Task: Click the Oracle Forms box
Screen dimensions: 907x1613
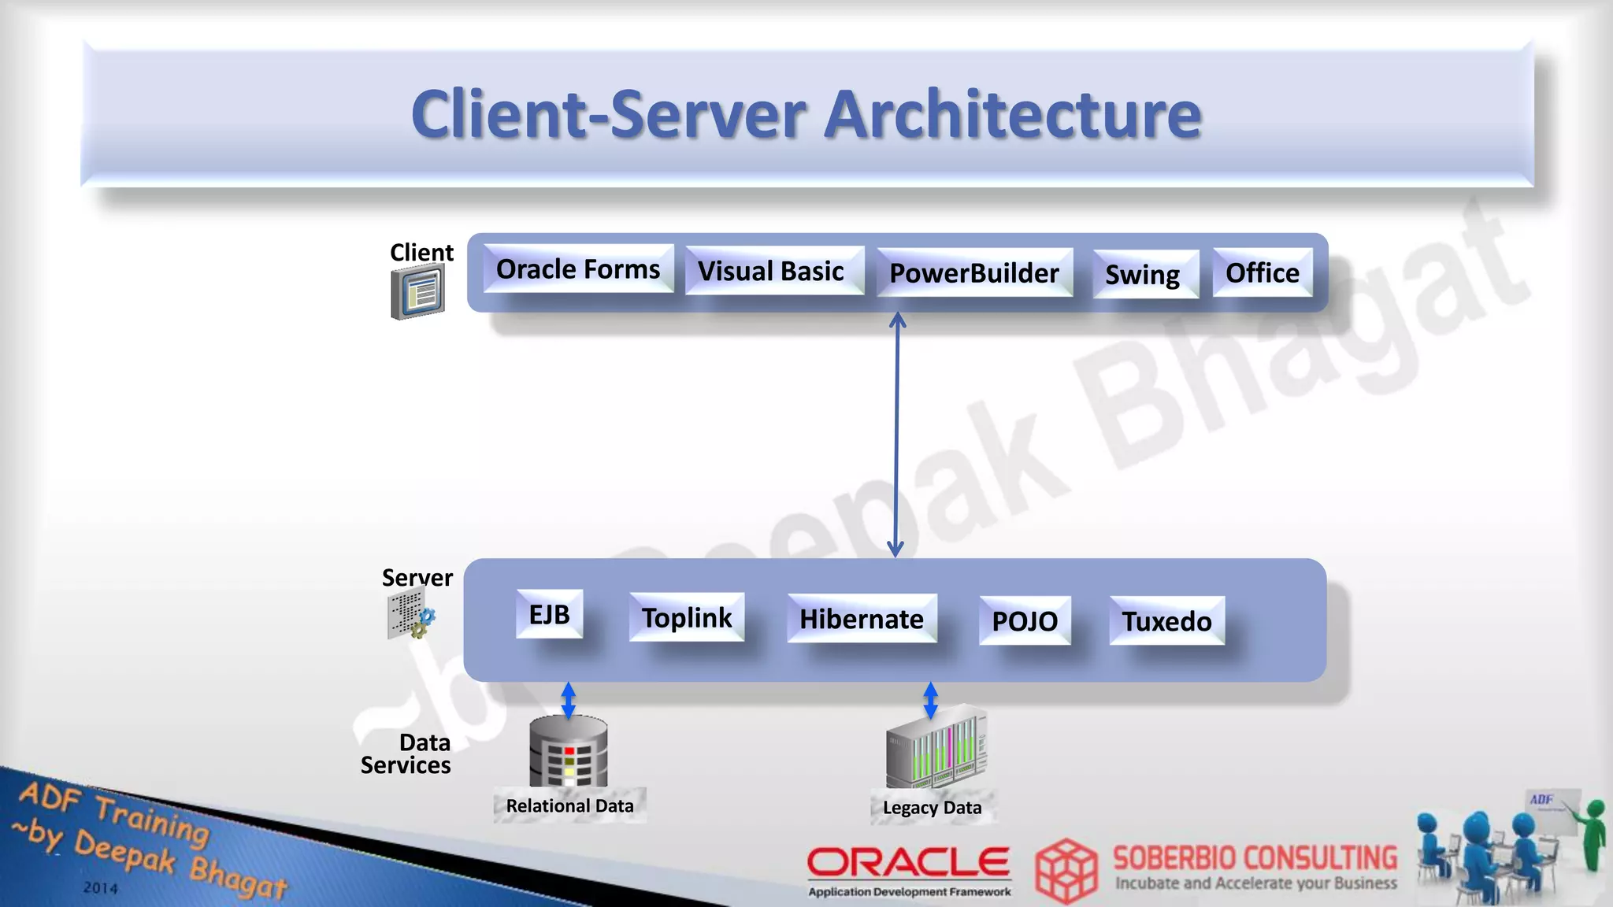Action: pyautogui.click(x=578, y=269)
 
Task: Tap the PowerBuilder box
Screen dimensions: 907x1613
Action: pyautogui.click(x=974, y=273)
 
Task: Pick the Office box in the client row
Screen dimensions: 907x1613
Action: pyautogui.click(x=1263, y=273)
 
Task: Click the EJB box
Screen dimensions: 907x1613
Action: pyautogui.click(x=550, y=614)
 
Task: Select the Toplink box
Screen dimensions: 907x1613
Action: pyautogui.click(x=687, y=618)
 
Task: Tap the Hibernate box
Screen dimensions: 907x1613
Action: pyautogui.click(x=862, y=620)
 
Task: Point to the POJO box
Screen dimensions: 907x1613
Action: pyautogui.click(x=1025, y=621)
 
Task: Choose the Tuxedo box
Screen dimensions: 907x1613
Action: pyautogui.click(x=1166, y=621)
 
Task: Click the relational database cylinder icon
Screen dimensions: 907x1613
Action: pyautogui.click(x=569, y=751)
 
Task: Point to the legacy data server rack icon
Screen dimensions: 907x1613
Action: pyautogui.click(x=936, y=747)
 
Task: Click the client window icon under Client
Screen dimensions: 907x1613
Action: pyautogui.click(x=418, y=292)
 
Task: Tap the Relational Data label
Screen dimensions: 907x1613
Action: pyautogui.click(x=569, y=806)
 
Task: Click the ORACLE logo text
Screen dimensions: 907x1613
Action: pyautogui.click(x=908, y=863)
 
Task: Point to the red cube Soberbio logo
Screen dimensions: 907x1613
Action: pyautogui.click(x=1066, y=871)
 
